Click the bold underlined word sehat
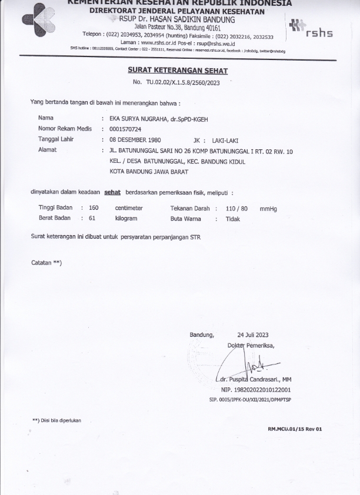(x=112, y=192)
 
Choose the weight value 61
(x=92, y=218)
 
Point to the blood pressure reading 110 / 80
(x=236, y=208)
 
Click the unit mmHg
(x=268, y=208)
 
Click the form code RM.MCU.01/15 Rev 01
(x=295, y=429)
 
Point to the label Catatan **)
(x=46, y=262)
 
